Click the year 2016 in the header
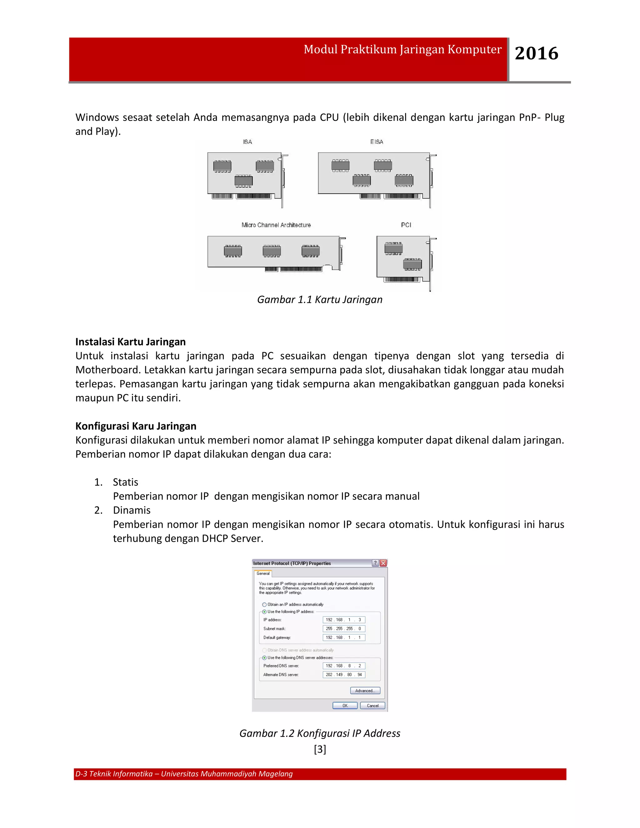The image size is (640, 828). click(536, 53)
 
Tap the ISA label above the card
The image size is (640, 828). click(247, 142)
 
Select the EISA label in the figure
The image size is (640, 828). click(377, 142)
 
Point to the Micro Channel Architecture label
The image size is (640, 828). click(276, 225)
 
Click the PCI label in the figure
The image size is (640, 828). click(406, 225)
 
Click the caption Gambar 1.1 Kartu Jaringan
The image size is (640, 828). click(320, 300)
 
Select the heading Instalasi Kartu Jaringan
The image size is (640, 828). click(130, 342)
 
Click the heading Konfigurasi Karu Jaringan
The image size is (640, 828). click(136, 426)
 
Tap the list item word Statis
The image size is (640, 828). click(126, 482)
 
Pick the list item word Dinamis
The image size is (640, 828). click(132, 510)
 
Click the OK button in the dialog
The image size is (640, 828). click(345, 706)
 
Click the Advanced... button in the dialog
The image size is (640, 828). click(365, 691)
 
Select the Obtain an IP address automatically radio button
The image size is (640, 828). click(264, 605)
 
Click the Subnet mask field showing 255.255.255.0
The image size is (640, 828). click(344, 629)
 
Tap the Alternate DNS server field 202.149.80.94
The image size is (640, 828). click(344, 675)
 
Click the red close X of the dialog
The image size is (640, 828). click(383, 563)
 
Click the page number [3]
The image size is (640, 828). click(320, 749)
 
